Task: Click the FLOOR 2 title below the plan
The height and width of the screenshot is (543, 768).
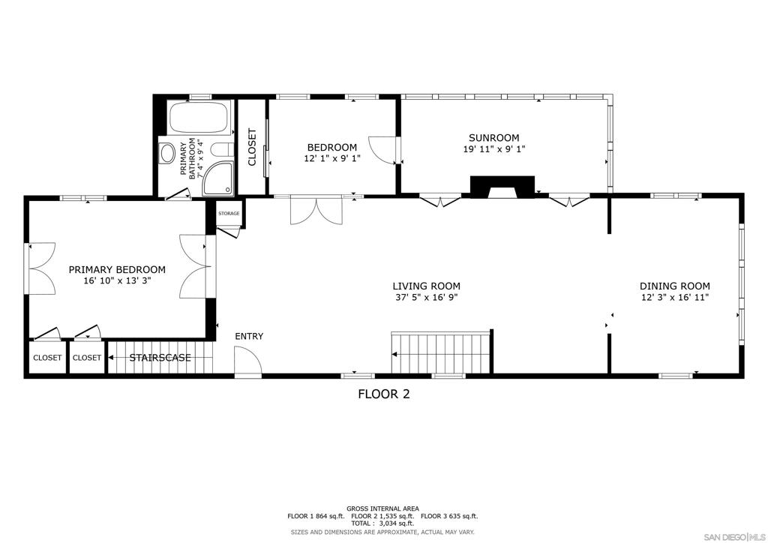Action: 383,394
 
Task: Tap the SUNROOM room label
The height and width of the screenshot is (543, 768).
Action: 493,137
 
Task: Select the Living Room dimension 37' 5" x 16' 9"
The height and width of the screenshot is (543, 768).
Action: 426,298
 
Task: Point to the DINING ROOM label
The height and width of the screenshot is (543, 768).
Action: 674,286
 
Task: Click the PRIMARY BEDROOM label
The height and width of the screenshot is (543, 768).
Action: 117,269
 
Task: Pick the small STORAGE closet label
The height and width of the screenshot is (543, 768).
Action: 229,214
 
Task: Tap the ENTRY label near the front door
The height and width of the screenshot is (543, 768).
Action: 249,336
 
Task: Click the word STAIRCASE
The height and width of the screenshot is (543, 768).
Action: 160,358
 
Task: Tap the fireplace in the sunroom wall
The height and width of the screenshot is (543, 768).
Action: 502,187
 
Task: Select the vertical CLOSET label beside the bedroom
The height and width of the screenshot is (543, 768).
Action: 252,147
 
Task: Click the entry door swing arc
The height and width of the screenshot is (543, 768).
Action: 247,364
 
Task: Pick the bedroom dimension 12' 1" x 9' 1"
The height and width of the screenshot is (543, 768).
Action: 331,159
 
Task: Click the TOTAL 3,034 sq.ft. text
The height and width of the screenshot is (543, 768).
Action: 382,523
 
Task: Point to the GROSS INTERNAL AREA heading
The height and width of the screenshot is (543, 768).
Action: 382,508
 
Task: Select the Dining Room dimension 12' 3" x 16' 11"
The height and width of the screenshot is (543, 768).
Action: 674,298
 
